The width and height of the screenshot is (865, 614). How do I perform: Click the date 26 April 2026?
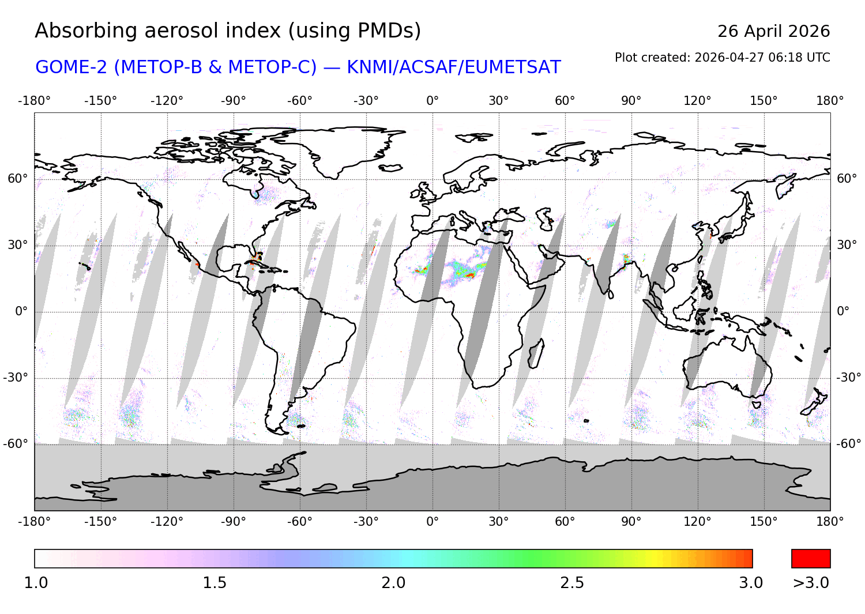773,31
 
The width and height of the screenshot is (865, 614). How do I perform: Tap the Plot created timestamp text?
722,58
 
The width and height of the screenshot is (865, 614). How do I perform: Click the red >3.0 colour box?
811,559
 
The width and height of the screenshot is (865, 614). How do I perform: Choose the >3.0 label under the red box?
811,583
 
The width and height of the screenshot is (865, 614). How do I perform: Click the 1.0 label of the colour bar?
36,583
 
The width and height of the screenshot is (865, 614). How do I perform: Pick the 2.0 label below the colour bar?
393,583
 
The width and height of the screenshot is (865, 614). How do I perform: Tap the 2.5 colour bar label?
572,583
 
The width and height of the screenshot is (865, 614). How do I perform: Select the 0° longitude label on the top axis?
432,101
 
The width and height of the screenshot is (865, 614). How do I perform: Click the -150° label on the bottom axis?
100,522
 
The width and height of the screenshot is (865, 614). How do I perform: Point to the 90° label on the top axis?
631,101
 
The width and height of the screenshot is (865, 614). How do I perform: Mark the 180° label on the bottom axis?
830,522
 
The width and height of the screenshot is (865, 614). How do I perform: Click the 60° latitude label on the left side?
18,179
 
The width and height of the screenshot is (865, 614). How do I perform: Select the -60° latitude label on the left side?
16,444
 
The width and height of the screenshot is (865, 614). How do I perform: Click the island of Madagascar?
536,353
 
